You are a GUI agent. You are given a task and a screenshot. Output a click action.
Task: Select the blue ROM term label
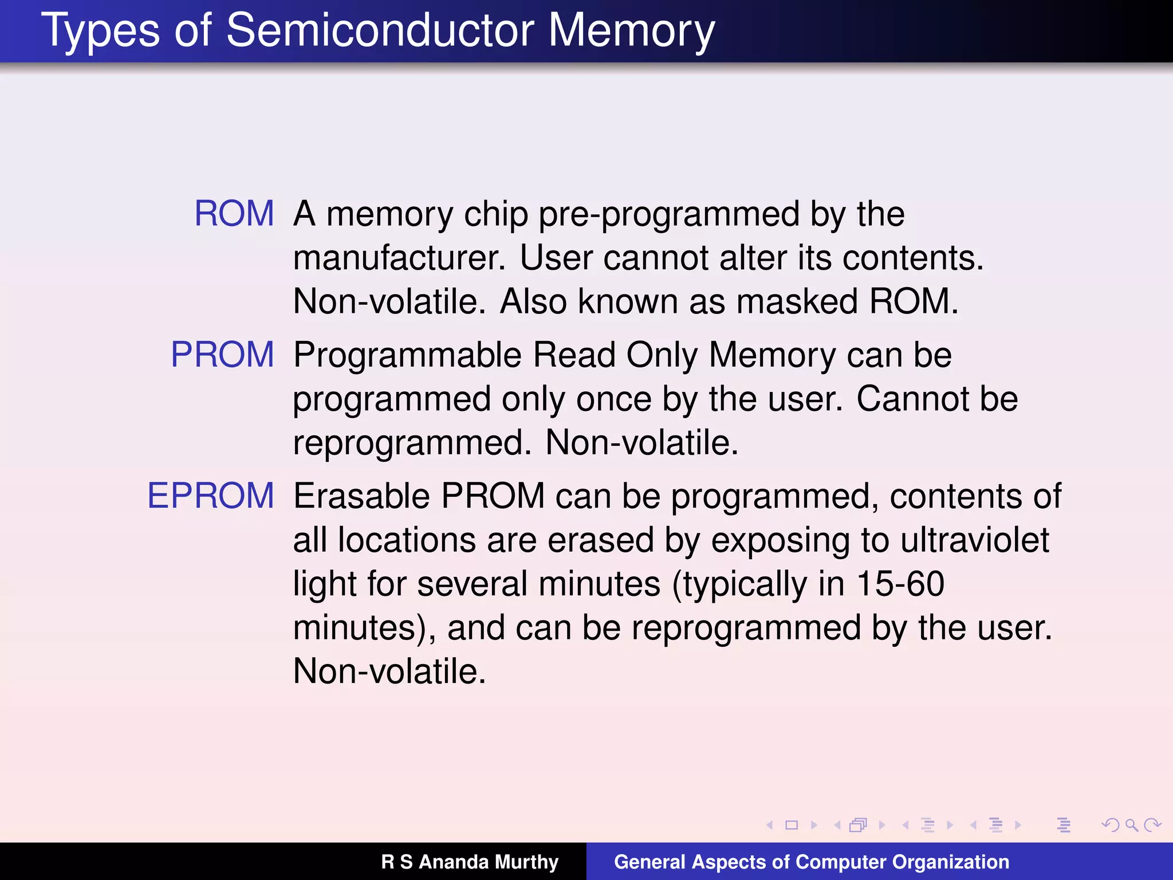click(x=234, y=214)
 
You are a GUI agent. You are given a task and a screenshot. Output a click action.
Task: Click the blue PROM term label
click(x=223, y=355)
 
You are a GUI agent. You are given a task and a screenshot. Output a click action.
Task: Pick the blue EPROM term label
click(x=211, y=496)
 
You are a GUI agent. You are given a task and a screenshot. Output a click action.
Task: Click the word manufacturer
click(x=399, y=258)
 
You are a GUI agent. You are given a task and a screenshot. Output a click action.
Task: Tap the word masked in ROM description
click(x=797, y=301)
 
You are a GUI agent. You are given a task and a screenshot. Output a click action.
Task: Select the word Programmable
click(x=407, y=356)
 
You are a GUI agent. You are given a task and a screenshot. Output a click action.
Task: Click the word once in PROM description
click(x=613, y=399)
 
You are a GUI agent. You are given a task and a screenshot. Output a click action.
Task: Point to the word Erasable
click(x=361, y=496)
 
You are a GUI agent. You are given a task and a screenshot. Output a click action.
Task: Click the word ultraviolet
click(x=974, y=540)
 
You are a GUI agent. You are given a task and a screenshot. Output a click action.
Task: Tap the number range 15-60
click(x=900, y=584)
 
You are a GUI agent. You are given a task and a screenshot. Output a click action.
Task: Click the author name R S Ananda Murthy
click(x=470, y=862)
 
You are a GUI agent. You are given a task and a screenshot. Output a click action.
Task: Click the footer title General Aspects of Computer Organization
click(x=812, y=862)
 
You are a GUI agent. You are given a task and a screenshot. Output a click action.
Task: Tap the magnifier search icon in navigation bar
click(x=1132, y=825)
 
